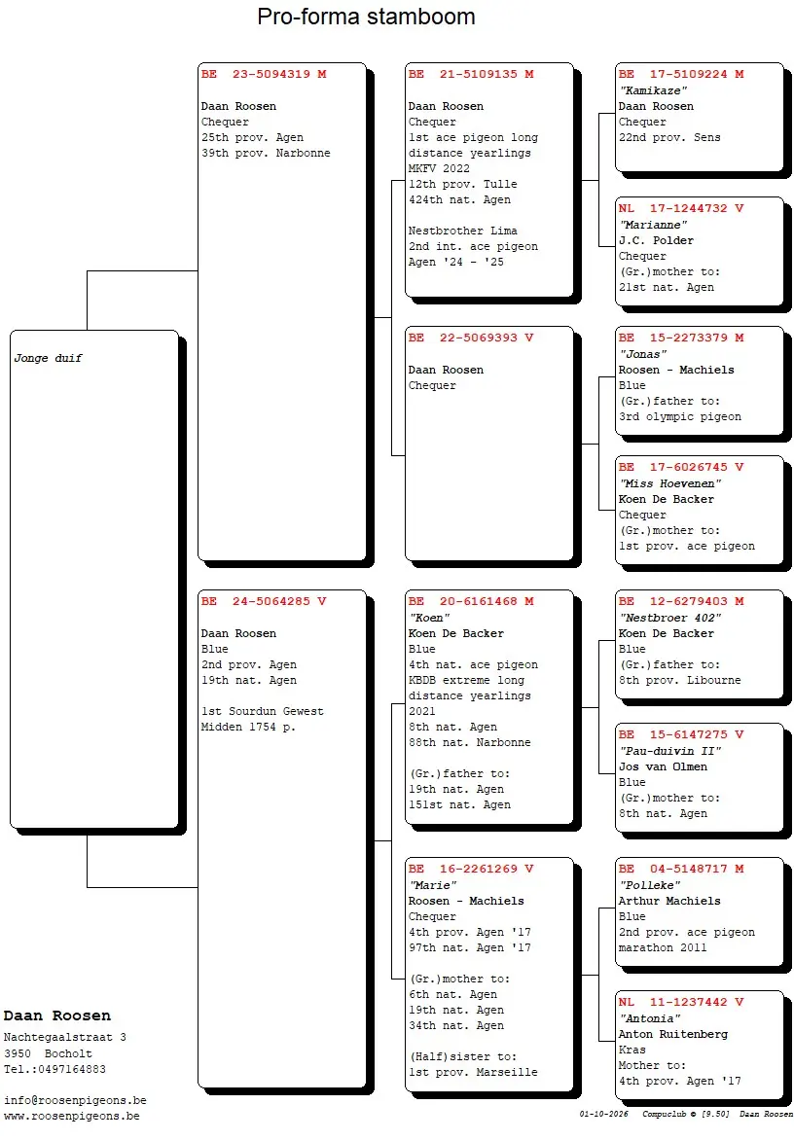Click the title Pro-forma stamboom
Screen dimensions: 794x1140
pyautogui.click(x=366, y=17)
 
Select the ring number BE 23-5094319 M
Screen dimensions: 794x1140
pyautogui.click(x=264, y=74)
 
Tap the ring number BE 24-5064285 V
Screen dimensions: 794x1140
pyautogui.click(x=264, y=601)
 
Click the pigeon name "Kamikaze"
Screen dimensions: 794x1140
pyautogui.click(x=653, y=90)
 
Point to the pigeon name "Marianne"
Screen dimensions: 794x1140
pyautogui.click(x=653, y=225)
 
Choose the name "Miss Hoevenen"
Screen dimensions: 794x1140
pyautogui.click(x=669, y=483)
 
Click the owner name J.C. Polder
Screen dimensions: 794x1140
pyautogui.click(x=656, y=240)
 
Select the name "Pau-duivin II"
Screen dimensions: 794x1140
pyautogui.click(x=669, y=750)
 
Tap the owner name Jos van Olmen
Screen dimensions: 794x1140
pyautogui.click(x=663, y=766)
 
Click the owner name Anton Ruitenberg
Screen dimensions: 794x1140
pyautogui.click(x=672, y=1034)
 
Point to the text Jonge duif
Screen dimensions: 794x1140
pyautogui.click(x=48, y=358)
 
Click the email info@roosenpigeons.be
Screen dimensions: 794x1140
pyautogui.click(x=75, y=1101)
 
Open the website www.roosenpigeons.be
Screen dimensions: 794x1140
pyautogui.click(x=71, y=1116)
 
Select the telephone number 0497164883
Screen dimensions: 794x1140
pyautogui.click(x=72, y=1069)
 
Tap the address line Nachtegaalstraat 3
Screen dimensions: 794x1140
pyautogui.click(x=65, y=1038)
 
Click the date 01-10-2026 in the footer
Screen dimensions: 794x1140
pyautogui.click(x=603, y=1114)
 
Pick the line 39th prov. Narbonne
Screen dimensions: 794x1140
pyautogui.click(x=266, y=153)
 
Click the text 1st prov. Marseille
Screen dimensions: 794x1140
pyautogui.click(x=473, y=1072)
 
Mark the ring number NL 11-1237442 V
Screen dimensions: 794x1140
pyautogui.click(x=681, y=1002)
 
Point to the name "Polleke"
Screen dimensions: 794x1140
pyautogui.click(x=649, y=885)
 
